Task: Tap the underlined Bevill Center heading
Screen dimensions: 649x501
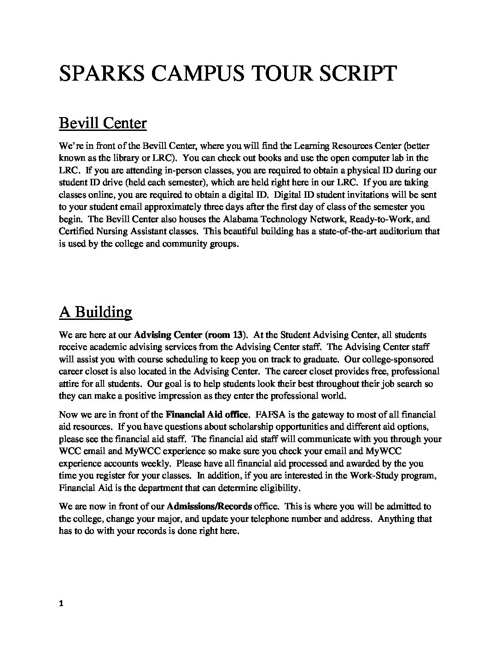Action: [x=103, y=124]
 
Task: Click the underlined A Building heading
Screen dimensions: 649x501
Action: [x=95, y=312]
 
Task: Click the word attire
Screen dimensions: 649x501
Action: [x=70, y=383]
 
